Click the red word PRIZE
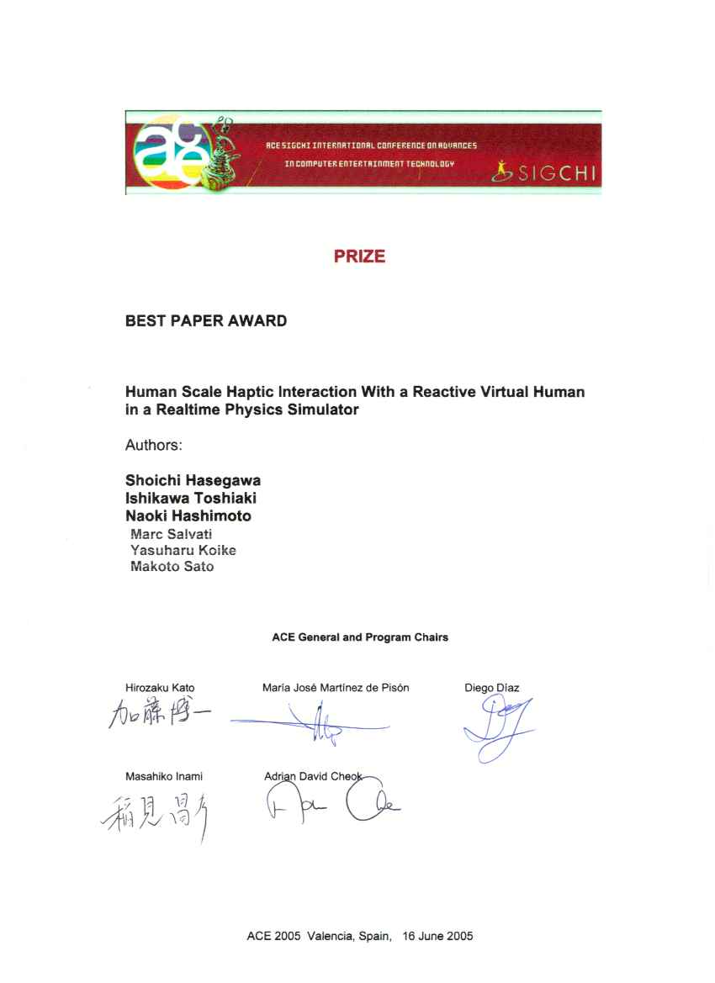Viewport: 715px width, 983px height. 359,257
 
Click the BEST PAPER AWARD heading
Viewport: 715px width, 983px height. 206,321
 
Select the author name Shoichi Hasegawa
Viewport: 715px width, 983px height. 193,481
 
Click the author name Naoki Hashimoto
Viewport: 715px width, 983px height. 188,516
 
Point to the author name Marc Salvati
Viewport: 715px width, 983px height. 172,534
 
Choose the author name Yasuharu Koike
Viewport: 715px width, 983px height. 183,551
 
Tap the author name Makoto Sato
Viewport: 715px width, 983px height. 172,567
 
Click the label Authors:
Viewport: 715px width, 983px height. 154,445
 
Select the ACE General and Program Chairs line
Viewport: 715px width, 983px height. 360,637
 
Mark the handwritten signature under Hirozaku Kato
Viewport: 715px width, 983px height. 159,716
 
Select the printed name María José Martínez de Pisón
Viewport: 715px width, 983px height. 336,688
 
